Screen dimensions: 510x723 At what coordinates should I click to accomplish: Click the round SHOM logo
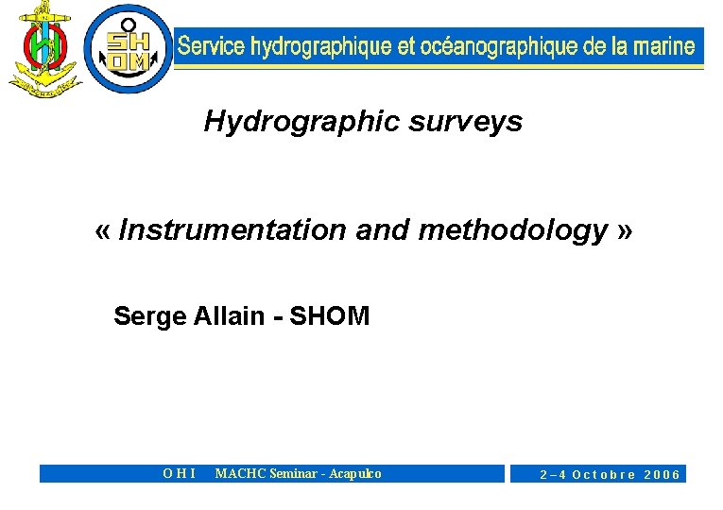129,48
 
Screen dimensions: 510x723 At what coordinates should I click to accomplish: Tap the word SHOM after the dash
329,316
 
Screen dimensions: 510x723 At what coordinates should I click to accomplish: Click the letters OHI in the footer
180,474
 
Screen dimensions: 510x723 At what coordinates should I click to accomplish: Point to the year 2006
662,475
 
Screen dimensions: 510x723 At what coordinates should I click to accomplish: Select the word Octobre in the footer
604,475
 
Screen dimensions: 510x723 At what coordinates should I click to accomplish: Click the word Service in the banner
211,46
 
